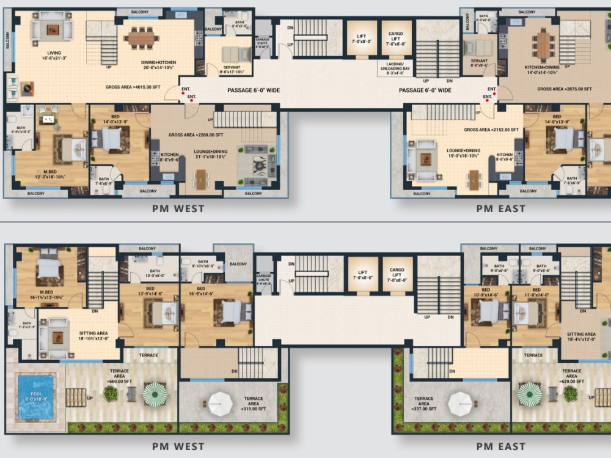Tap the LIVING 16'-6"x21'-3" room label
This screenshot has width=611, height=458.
click(x=54, y=56)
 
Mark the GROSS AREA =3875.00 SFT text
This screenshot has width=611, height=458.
click(x=565, y=89)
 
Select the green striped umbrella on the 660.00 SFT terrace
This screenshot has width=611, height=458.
click(x=155, y=394)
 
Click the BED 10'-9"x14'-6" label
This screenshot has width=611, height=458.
click(x=486, y=293)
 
